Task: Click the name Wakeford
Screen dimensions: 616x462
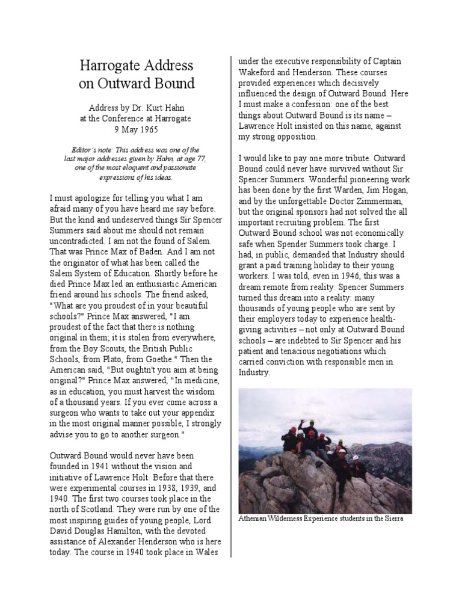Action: pos(259,72)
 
